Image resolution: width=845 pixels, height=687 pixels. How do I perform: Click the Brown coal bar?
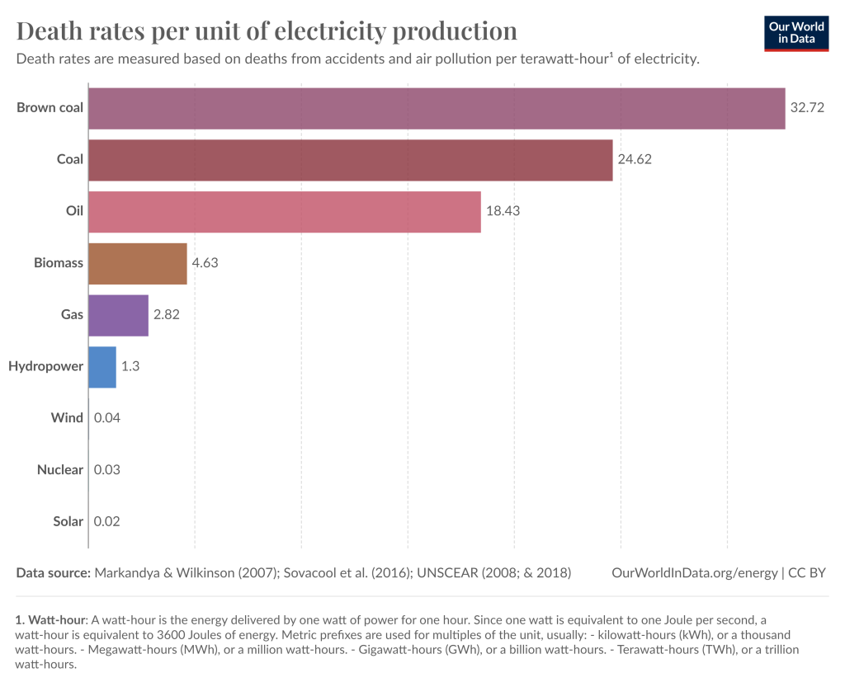click(437, 108)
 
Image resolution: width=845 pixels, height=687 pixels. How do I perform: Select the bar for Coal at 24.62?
click(350, 160)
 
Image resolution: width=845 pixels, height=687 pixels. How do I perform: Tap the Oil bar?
click(284, 212)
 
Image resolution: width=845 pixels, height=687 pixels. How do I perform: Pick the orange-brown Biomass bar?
click(137, 264)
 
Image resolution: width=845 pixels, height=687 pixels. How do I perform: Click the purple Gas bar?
click(118, 316)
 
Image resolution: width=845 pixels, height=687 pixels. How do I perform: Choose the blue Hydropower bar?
click(101, 368)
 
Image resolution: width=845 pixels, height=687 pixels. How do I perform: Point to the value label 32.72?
click(807, 108)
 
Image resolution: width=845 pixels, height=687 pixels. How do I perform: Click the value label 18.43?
click(503, 212)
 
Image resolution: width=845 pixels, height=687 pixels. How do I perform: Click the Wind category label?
click(67, 418)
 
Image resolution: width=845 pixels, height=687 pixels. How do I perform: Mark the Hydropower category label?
click(45, 366)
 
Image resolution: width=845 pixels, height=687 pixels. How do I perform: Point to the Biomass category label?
click(58, 263)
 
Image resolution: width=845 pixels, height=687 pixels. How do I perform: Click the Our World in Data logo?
click(795, 33)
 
